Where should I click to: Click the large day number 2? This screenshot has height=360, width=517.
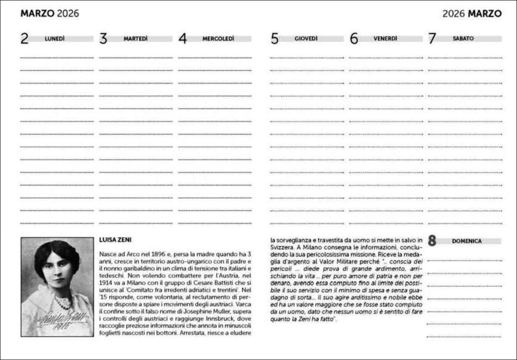(25, 39)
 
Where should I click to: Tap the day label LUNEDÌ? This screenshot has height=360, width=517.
(55, 39)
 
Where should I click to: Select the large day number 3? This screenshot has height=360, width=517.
(103, 39)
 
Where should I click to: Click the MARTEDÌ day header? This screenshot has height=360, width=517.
(135, 39)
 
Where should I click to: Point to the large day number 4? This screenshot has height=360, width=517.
(183, 39)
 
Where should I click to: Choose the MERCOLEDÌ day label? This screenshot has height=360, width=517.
(218, 39)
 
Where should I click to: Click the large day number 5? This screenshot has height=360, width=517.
(274, 39)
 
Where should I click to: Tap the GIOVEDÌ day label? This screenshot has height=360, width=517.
(306, 39)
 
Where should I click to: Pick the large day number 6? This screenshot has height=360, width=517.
(354, 39)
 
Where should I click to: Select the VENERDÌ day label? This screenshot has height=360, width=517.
(385, 39)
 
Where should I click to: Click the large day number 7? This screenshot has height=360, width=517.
(432, 39)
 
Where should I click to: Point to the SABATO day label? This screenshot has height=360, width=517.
(463, 39)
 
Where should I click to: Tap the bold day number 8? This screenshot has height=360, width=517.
(432, 241)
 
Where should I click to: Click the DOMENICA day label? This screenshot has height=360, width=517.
(467, 241)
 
